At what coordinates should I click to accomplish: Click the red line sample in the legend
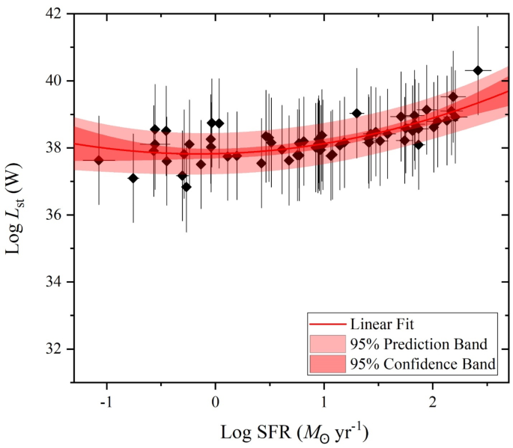[x=327, y=325]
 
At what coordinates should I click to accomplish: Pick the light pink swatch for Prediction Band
[x=327, y=345]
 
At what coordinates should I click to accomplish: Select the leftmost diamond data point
[x=99, y=160]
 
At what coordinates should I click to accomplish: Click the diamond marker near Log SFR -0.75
[x=133, y=178]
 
